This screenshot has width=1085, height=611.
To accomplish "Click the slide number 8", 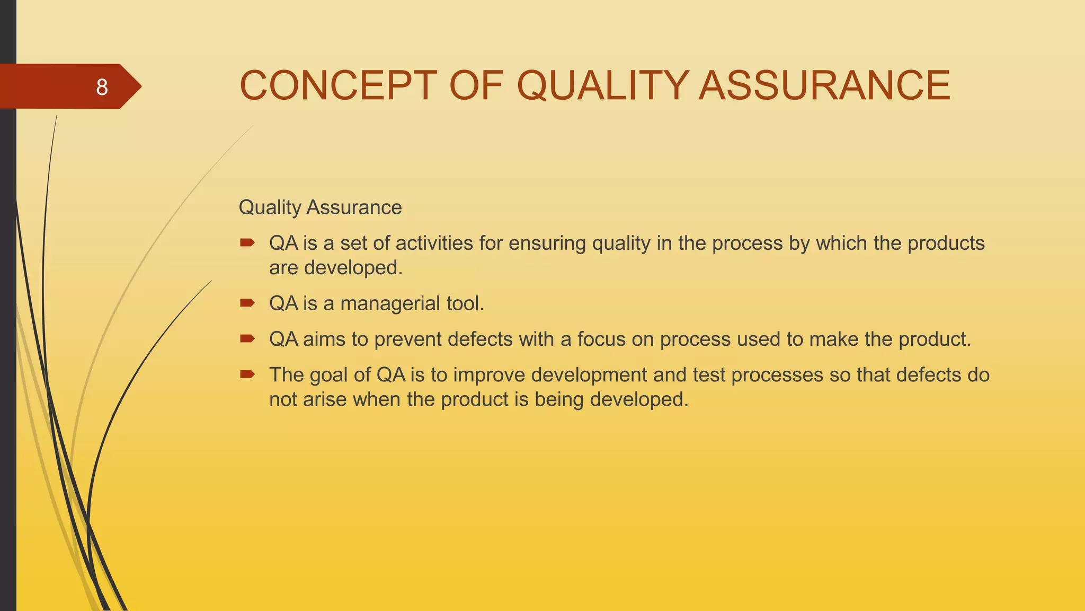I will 102,87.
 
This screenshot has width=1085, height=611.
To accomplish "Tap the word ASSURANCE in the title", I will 824,85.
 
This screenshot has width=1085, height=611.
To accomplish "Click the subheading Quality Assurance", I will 320,207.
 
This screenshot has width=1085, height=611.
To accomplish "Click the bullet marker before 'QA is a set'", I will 247,243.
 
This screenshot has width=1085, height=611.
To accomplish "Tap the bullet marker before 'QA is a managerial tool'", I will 247,303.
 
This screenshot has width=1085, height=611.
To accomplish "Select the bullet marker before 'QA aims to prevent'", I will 247,339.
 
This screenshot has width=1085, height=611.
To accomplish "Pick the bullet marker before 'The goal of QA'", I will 247,375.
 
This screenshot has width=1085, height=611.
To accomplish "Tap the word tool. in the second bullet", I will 465,303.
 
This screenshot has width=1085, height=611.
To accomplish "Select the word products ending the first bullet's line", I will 946,243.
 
